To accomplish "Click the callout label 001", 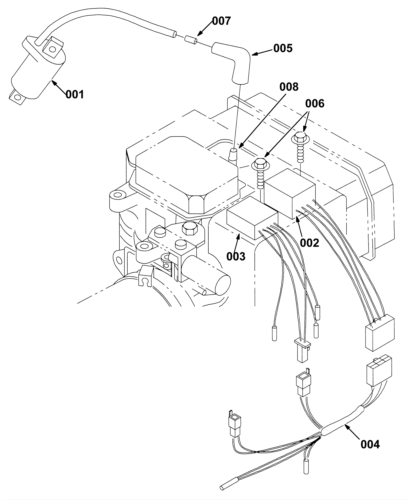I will (75, 95).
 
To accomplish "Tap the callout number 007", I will (221, 21).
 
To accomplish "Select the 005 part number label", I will (283, 48).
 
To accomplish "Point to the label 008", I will (289, 87).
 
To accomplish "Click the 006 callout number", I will (315, 104).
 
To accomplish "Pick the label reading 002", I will (310, 243).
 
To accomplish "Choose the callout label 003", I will (236, 256).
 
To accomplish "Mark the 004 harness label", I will (370, 445).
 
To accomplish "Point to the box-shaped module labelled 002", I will (290, 193).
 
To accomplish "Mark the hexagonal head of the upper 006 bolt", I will (301, 137).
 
